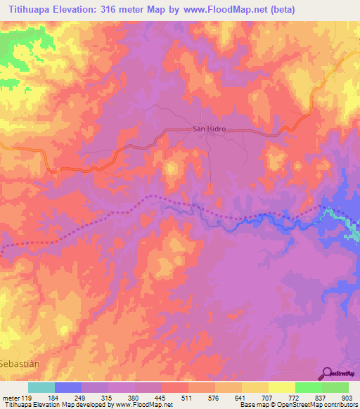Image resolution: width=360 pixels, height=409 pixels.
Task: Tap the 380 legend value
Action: point(134,397)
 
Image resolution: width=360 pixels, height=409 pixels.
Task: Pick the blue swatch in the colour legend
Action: point(68,387)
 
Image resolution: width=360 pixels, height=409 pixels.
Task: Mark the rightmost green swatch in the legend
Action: point(335,387)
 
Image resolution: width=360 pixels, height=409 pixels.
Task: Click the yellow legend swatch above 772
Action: point(282,387)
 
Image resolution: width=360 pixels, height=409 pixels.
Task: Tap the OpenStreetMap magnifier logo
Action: point(328,373)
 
